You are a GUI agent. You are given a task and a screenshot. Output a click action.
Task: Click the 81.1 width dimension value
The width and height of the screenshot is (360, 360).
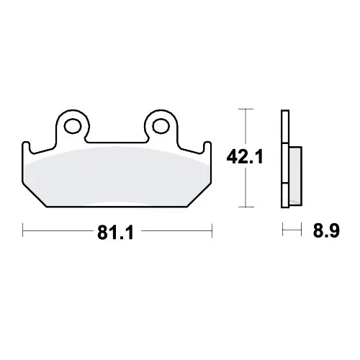click(115, 233)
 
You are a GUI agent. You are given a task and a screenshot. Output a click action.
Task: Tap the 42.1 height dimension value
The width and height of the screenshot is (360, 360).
click(245, 157)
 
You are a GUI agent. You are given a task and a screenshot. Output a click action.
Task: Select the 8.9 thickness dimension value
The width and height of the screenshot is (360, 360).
click(326, 230)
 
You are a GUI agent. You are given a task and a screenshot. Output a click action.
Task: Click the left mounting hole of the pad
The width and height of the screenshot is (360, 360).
click(73, 126)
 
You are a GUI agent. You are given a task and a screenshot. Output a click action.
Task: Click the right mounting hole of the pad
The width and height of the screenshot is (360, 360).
click(161, 126)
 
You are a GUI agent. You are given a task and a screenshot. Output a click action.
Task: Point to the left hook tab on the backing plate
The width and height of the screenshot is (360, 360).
click(26, 147)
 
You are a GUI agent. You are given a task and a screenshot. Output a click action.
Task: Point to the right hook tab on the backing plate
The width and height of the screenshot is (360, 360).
click(208, 147)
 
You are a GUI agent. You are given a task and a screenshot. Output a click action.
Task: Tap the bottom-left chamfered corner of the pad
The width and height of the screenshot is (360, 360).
click(35, 195)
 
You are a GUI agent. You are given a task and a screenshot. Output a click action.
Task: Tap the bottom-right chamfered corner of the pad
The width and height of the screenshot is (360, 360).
click(199, 195)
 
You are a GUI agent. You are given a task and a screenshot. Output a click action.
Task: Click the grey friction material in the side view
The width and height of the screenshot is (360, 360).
click(296, 176)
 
